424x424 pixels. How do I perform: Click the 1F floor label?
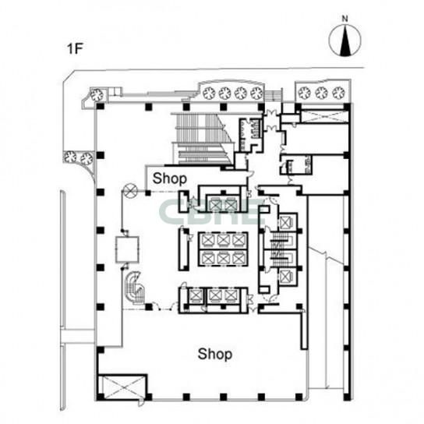click(x=75, y=48)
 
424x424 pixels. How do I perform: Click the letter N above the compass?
click(x=344, y=19)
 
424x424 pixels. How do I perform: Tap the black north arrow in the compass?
click(x=344, y=41)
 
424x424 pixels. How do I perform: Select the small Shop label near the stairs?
click(x=170, y=178)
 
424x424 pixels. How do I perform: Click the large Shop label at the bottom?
click(x=215, y=354)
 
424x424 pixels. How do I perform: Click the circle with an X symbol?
click(x=131, y=191)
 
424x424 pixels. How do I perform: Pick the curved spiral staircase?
click(x=134, y=288)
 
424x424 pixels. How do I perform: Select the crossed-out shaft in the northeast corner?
click(x=323, y=116)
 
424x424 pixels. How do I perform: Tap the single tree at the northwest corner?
click(x=97, y=95)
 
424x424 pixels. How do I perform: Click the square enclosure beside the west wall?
click(x=127, y=249)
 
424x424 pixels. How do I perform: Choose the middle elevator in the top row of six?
click(x=224, y=240)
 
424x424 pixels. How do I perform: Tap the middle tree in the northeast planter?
click(x=322, y=93)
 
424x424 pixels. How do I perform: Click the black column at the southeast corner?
click(x=347, y=397)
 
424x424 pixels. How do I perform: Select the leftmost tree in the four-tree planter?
click(x=209, y=94)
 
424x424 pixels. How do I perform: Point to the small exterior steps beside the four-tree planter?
click(x=273, y=96)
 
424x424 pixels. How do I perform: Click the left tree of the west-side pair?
click(x=70, y=157)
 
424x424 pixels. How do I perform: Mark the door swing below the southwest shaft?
click(x=141, y=403)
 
